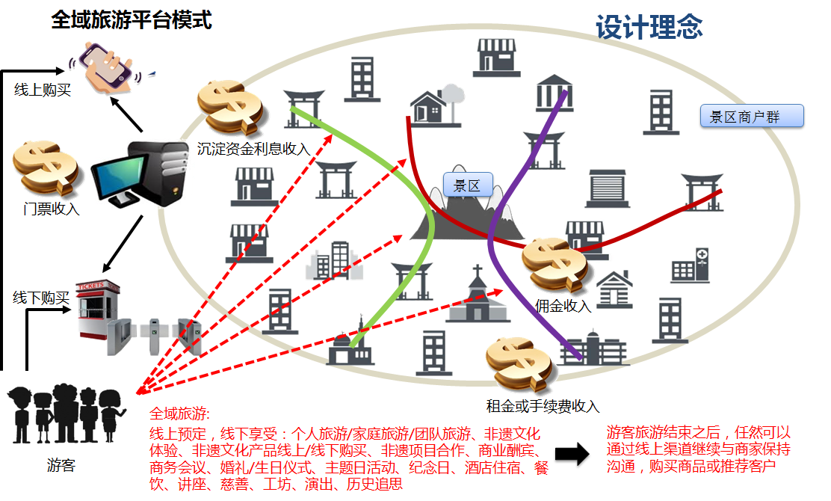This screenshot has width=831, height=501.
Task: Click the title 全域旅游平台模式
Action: point(132,20)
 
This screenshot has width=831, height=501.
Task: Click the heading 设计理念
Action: point(649,28)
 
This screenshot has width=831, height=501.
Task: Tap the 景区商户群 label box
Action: point(751,117)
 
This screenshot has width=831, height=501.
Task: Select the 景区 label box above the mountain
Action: point(467,185)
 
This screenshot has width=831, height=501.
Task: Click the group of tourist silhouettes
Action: point(66,415)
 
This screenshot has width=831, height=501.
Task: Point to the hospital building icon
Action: point(690,265)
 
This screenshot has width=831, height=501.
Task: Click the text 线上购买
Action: point(43,90)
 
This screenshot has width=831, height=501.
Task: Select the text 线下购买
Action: point(41,298)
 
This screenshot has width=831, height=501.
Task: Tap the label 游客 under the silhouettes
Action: point(61,466)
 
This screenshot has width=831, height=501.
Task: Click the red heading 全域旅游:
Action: point(180,414)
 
